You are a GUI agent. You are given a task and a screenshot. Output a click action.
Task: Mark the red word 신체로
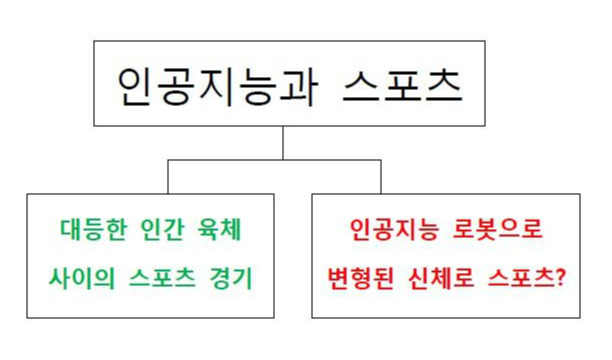tap(441, 275)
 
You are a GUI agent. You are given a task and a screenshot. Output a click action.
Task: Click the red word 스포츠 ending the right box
tap(516, 275)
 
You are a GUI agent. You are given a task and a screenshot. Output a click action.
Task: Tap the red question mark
tap(560, 275)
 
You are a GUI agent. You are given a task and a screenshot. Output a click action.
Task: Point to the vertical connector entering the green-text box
tap(167, 177)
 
